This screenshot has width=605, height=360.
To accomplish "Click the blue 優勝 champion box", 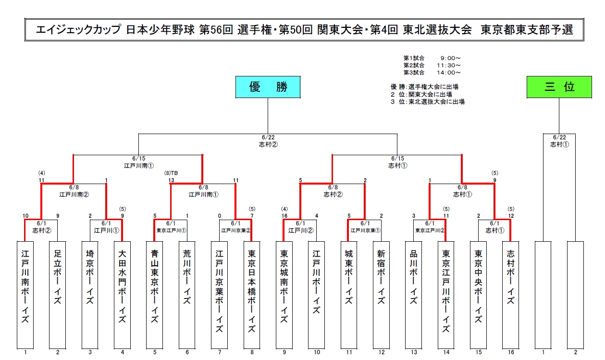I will point(268,87).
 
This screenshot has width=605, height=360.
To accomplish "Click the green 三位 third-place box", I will point(559,87).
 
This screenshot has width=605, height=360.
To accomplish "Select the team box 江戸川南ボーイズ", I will point(25,295).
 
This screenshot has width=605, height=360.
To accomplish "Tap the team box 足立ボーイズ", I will point(58,295).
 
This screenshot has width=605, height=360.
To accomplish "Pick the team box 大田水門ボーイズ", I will point(123,295).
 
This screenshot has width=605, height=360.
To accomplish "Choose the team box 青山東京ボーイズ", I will point(155,295).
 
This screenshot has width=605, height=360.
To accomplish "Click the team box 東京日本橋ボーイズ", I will point(252,295).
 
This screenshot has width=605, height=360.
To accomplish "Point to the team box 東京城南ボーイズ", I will point(284,295).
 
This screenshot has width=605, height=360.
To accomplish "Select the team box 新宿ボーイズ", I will point(381,295).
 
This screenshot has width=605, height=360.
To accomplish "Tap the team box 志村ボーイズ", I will point(510,295).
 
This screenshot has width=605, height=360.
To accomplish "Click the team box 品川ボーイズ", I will point(413,295).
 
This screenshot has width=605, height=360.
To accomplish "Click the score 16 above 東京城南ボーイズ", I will point(284,216).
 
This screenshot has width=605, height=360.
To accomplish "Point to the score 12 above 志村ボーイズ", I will point(510,216).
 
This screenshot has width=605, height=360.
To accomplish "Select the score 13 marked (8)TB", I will point(171,180).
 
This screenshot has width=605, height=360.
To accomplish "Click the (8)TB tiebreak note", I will point(171,173).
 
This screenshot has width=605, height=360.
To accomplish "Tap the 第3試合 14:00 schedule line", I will point(432,73).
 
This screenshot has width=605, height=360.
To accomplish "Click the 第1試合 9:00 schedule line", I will point(432,58).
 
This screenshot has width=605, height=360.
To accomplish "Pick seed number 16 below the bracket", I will point(511,352).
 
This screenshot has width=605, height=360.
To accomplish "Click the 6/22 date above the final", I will point(268,137).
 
